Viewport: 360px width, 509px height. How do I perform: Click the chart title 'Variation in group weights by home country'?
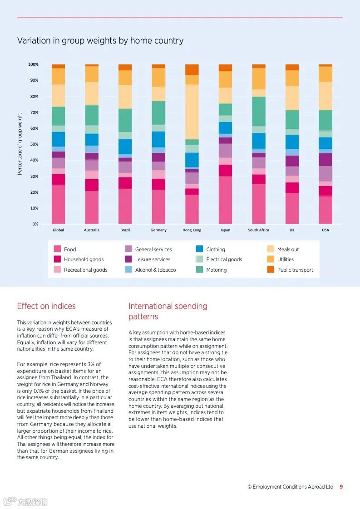click(100, 41)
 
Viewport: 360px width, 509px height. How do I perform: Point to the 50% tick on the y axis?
click(35, 144)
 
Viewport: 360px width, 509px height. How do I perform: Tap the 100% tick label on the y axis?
click(34, 64)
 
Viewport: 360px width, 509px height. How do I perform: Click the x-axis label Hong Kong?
click(192, 230)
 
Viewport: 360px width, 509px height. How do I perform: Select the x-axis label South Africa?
click(258, 230)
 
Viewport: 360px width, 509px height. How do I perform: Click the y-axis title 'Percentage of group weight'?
click(20, 144)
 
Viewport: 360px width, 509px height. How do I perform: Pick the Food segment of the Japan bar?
click(225, 200)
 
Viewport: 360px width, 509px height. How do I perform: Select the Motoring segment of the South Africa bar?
click(259, 111)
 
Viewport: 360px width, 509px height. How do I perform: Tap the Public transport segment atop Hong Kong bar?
click(192, 69)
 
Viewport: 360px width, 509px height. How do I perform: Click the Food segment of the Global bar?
click(59, 204)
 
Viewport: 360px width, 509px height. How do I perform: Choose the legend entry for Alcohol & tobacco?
click(155, 270)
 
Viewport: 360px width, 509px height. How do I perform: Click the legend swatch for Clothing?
click(199, 249)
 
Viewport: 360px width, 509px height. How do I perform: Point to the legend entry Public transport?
click(295, 270)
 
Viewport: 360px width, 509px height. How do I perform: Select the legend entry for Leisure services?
click(153, 259)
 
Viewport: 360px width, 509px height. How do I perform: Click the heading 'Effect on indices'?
click(46, 306)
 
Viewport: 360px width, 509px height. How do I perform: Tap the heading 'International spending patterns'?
click(168, 311)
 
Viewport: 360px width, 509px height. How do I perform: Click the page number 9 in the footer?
click(341, 487)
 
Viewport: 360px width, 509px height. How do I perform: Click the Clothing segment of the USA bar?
click(325, 143)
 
